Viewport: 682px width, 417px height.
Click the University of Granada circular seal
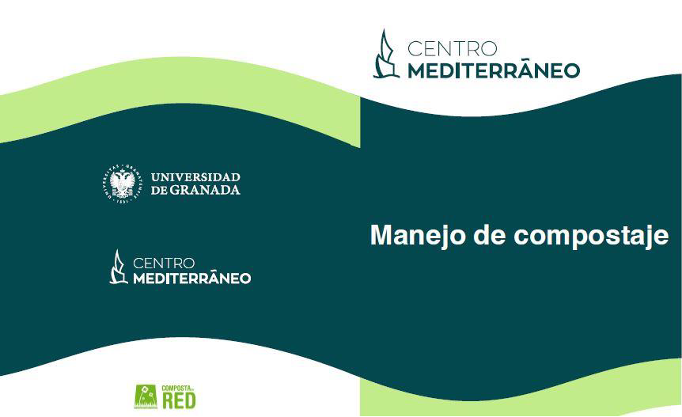[x=123, y=184]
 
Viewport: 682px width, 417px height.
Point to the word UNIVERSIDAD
[x=195, y=177]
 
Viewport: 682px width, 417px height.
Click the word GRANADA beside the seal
[x=204, y=190]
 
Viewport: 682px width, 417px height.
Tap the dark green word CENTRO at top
[x=453, y=49]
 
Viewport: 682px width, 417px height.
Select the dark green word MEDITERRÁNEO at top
[x=494, y=70]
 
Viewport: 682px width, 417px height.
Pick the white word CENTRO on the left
[x=164, y=263]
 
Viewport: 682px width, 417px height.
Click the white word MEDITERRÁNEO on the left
[x=191, y=278]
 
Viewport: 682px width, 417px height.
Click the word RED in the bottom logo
[x=179, y=400]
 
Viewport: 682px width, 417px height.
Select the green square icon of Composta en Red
[x=146, y=396]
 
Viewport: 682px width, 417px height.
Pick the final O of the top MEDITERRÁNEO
[x=571, y=71]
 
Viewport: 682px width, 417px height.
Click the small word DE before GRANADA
[x=159, y=190]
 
